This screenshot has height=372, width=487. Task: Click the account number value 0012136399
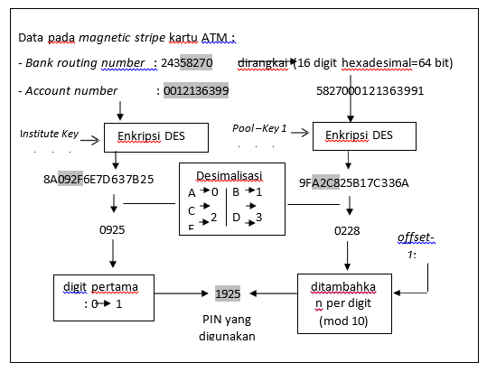point(195,91)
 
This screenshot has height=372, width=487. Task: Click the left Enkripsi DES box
point(157,137)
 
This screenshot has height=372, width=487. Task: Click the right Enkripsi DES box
point(365,137)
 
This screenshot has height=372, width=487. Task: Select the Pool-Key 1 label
point(259,129)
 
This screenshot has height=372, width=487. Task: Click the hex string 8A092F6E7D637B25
point(98,179)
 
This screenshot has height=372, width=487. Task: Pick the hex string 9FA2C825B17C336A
point(354,182)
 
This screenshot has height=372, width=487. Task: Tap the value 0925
point(114,230)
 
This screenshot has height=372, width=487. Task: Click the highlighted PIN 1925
point(229,294)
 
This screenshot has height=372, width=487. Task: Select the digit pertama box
point(101,296)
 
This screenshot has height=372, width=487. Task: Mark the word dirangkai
point(262,63)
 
